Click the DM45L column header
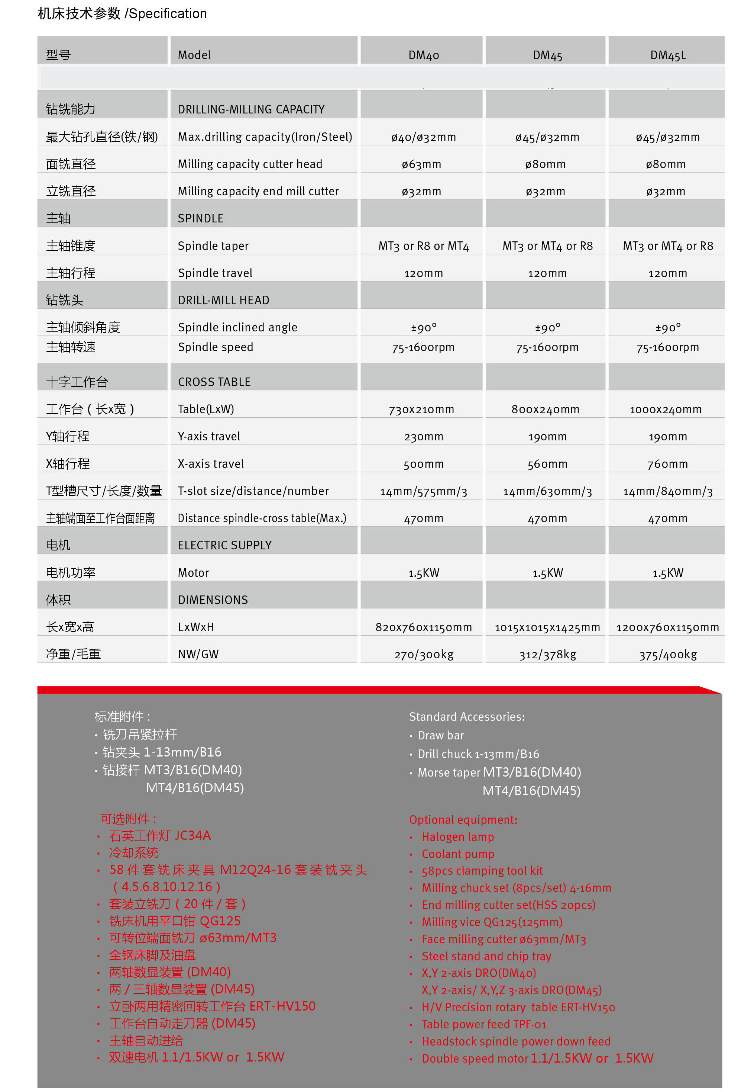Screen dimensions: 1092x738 click(667, 55)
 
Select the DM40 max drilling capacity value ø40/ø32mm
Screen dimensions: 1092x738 click(424, 137)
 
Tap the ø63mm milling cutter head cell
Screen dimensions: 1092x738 click(421, 164)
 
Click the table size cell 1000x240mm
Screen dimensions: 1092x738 click(665, 409)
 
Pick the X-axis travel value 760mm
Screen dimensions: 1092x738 click(667, 464)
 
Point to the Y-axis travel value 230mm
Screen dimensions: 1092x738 click(424, 437)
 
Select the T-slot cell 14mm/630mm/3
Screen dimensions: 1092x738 click(547, 491)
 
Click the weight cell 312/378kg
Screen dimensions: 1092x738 click(547, 655)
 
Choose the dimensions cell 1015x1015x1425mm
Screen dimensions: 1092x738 click(547, 627)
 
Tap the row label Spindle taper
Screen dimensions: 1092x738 click(213, 246)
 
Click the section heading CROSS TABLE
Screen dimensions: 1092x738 click(214, 382)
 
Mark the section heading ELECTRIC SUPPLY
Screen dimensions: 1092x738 click(224, 545)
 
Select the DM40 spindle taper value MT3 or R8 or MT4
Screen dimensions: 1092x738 click(424, 246)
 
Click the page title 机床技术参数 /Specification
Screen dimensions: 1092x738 click(122, 14)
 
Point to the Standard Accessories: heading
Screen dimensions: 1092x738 click(467, 717)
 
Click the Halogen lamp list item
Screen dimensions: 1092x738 click(457, 837)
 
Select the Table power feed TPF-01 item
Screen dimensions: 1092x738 click(483, 1024)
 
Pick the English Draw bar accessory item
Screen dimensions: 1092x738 click(440, 735)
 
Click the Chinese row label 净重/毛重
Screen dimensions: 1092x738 click(73, 654)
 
